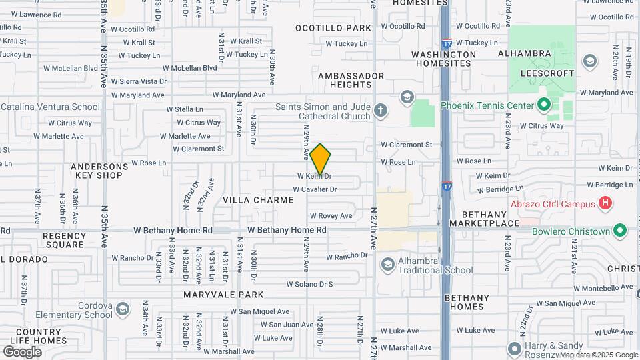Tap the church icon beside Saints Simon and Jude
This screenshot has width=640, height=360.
tap(381, 111)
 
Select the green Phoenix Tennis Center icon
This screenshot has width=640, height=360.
tap(544, 105)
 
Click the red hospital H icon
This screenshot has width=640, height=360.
tap(605, 203)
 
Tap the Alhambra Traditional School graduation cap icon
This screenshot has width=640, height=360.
tap(387, 265)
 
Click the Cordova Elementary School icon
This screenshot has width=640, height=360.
tap(122, 310)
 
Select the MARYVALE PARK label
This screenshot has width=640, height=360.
tap(225, 295)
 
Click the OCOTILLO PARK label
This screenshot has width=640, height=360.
tap(333, 28)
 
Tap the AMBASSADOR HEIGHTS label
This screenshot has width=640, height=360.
tap(351, 80)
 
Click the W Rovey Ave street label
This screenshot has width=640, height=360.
tap(331, 216)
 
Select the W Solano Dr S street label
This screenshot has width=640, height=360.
tap(309, 284)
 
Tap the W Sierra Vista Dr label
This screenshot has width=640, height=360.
tap(139, 81)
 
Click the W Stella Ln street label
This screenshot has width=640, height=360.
tap(185, 109)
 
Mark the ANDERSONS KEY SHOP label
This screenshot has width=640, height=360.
tap(99, 171)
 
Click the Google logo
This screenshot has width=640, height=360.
tap(23, 351)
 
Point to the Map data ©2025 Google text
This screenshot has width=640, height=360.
tap(599, 355)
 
